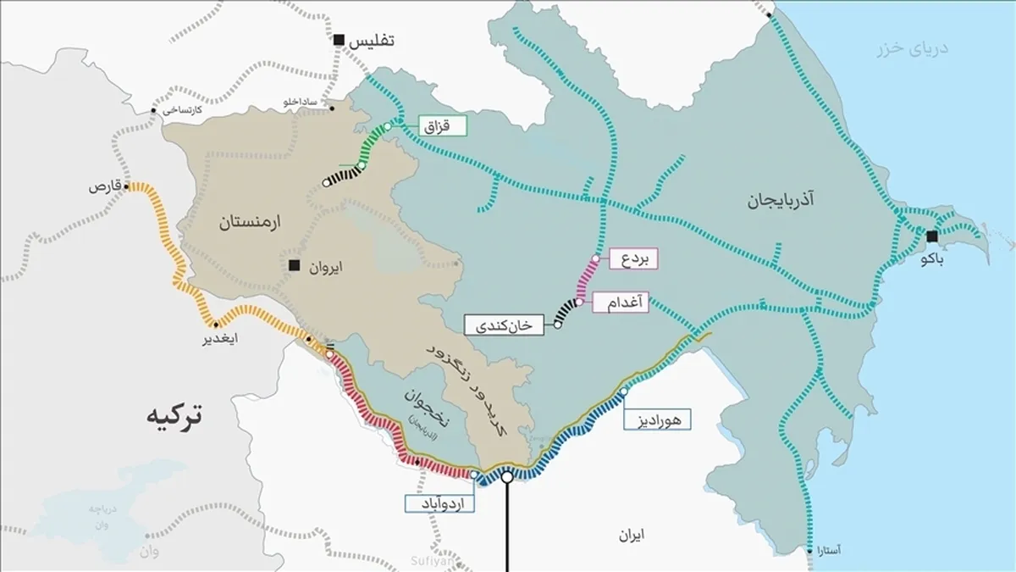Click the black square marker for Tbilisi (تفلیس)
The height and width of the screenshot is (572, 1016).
click(x=339, y=40)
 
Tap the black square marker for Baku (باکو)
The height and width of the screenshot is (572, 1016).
click(x=932, y=236)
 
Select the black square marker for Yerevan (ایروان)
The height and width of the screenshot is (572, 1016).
click(x=294, y=266)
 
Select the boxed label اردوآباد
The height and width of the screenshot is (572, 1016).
click(x=439, y=503)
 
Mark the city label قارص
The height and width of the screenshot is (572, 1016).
click(x=102, y=186)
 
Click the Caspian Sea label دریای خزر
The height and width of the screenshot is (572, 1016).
click(x=913, y=48)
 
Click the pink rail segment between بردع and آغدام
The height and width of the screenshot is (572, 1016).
click(x=587, y=279)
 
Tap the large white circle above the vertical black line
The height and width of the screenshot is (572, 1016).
click(x=507, y=477)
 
